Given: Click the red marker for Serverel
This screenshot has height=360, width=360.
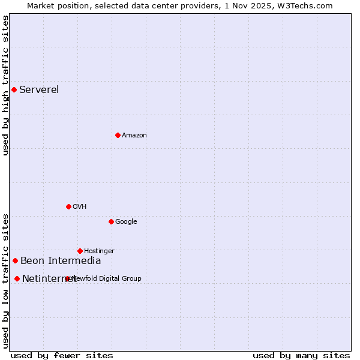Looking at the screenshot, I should coord(14,90).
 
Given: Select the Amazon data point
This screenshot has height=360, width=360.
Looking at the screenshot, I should coord(118,135).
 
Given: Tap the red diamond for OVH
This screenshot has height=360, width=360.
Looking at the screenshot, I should coord(68,206).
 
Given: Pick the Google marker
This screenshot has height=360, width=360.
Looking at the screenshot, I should coord(111,221).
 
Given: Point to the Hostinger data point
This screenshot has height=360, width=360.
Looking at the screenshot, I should coord(80,251).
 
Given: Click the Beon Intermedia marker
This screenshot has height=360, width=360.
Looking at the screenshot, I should coord(15,260).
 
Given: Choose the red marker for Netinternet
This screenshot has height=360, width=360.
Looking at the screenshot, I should coord(17,278).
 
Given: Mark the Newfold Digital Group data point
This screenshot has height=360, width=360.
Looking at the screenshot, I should coord(67,278).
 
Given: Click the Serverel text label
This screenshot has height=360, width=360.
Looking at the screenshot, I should coord(39,90).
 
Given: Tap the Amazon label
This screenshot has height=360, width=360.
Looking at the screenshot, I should coord(134,135).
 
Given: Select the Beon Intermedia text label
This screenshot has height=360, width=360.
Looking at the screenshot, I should coord(61,260).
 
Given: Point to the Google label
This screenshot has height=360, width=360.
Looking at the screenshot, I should coord(126,221).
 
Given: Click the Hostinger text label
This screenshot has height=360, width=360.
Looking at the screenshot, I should coord(99,251).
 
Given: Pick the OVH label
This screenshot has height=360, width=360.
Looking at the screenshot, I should coord(80,206).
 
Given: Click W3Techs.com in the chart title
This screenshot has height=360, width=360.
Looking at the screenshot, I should coord(306,5).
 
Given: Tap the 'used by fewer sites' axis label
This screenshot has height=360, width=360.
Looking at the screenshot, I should coord(62,355).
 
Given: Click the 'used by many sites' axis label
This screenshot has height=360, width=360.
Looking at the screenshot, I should coord(301,355).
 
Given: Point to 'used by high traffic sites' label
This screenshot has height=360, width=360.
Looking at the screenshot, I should coord(5,85).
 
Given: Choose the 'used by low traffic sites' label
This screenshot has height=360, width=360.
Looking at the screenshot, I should coord(5,280).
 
